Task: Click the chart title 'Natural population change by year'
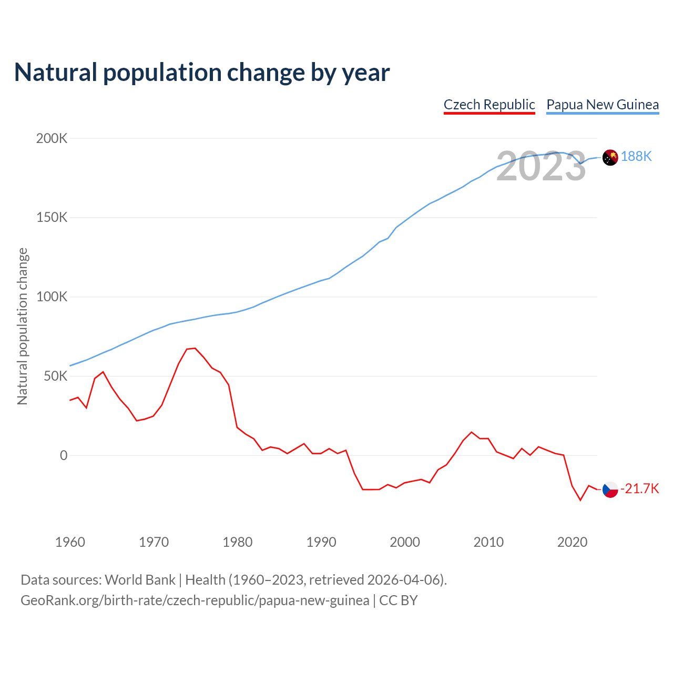coord(202,73)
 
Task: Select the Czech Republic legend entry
coord(489,105)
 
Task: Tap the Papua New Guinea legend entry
coord(603,105)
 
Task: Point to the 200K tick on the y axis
coord(52,138)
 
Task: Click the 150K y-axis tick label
coord(52,217)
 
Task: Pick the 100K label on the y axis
coord(52,297)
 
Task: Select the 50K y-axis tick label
coord(55,376)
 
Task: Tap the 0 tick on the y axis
coord(64,455)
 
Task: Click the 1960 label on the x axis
coord(70,542)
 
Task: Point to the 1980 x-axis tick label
coord(238,542)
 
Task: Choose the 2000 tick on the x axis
coord(405,542)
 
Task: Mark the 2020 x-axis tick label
coord(572,542)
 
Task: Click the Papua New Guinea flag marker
coord(610,157)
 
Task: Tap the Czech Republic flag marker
coord(610,490)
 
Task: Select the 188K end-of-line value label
coord(636,156)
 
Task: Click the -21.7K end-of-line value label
coord(640,489)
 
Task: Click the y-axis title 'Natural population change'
coord(23,326)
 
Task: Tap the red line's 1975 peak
coord(195,348)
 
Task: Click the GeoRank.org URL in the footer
coord(195,600)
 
